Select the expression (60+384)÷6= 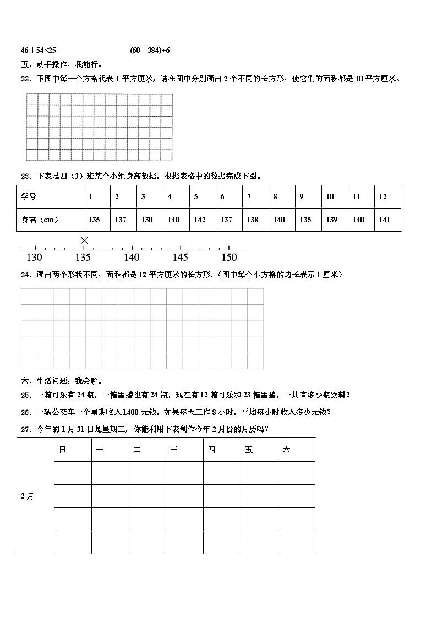(152, 50)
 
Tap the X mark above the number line (84, 240)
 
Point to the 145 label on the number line (181, 258)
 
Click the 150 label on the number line (229, 258)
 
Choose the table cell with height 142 (200, 220)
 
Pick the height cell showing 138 (253, 220)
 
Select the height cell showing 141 (385, 220)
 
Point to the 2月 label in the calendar (27, 496)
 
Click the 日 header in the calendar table (62, 450)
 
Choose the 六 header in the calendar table (286, 450)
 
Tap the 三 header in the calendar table (174, 450)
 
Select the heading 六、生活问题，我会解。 (62, 381)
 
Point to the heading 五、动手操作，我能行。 (62, 64)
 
